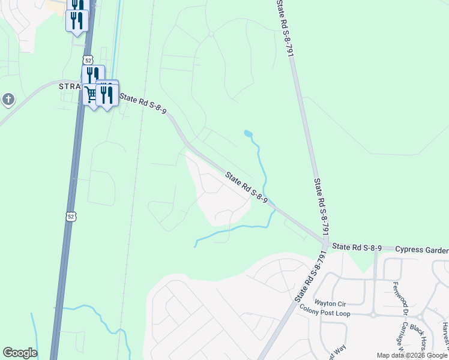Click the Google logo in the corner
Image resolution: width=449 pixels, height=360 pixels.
(20, 353)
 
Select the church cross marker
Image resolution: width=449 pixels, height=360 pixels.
(8, 99)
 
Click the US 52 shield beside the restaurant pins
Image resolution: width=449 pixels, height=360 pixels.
(88, 60)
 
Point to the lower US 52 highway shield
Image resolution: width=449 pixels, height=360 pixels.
(71, 217)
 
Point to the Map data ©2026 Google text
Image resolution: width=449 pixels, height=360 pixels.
(412, 355)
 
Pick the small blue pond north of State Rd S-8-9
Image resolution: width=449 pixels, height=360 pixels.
(249, 133)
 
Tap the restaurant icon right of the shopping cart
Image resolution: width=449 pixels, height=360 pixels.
(106, 94)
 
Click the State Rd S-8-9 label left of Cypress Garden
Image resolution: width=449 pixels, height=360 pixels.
(357, 247)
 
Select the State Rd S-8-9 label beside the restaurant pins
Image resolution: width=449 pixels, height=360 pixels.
(143, 103)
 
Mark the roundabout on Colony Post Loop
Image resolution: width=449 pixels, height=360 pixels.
(373, 314)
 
